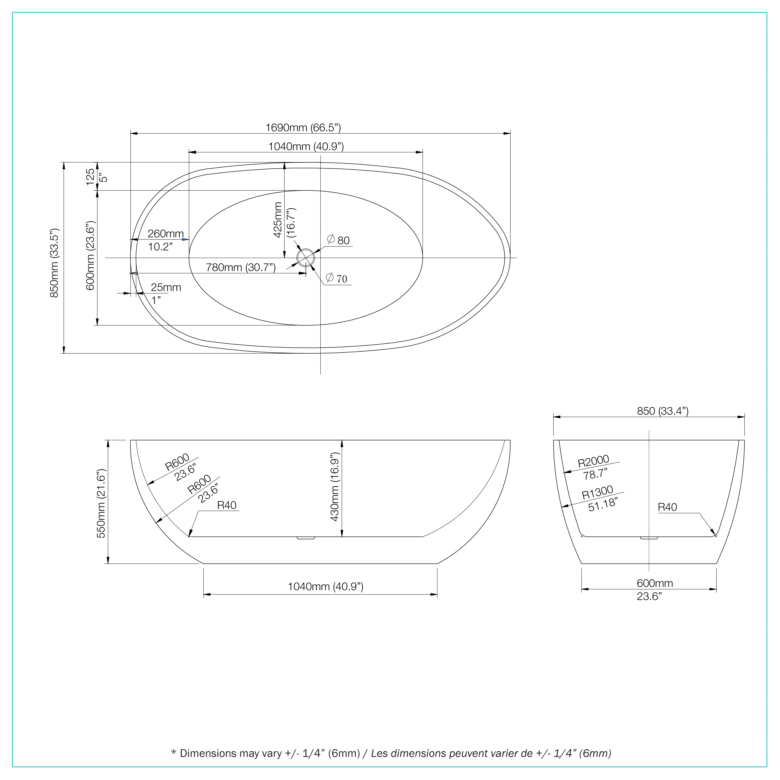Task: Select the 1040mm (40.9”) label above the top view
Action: [x=306, y=146]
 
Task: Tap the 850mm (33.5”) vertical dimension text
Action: [x=54, y=263]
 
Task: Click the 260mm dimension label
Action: [x=166, y=234]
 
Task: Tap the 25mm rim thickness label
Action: [x=166, y=288]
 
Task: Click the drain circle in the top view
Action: [x=306, y=257]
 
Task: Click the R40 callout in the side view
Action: [x=227, y=505]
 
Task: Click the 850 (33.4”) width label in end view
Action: [x=663, y=411]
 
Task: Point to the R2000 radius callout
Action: [x=593, y=461]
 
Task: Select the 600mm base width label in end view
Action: [x=655, y=583]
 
